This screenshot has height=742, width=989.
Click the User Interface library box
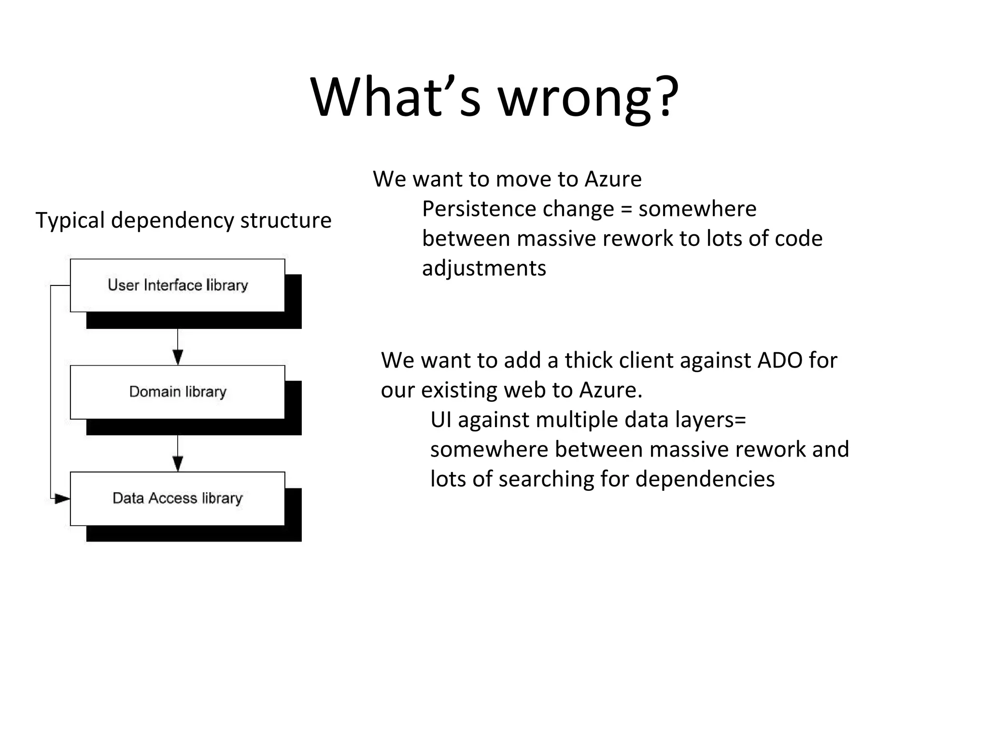tap(177, 285)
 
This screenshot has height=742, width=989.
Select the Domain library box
tap(177, 392)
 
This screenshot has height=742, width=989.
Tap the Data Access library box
tap(177, 498)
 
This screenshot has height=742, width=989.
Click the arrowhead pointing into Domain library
tap(178, 357)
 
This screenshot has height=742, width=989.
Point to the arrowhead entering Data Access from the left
tap(62, 498)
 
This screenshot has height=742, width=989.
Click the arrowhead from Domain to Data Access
tap(178, 464)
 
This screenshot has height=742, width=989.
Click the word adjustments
tap(484, 269)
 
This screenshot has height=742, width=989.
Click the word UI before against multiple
tap(440, 420)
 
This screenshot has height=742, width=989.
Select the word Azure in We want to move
tap(613, 179)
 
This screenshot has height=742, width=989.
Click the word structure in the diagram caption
tap(286, 221)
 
